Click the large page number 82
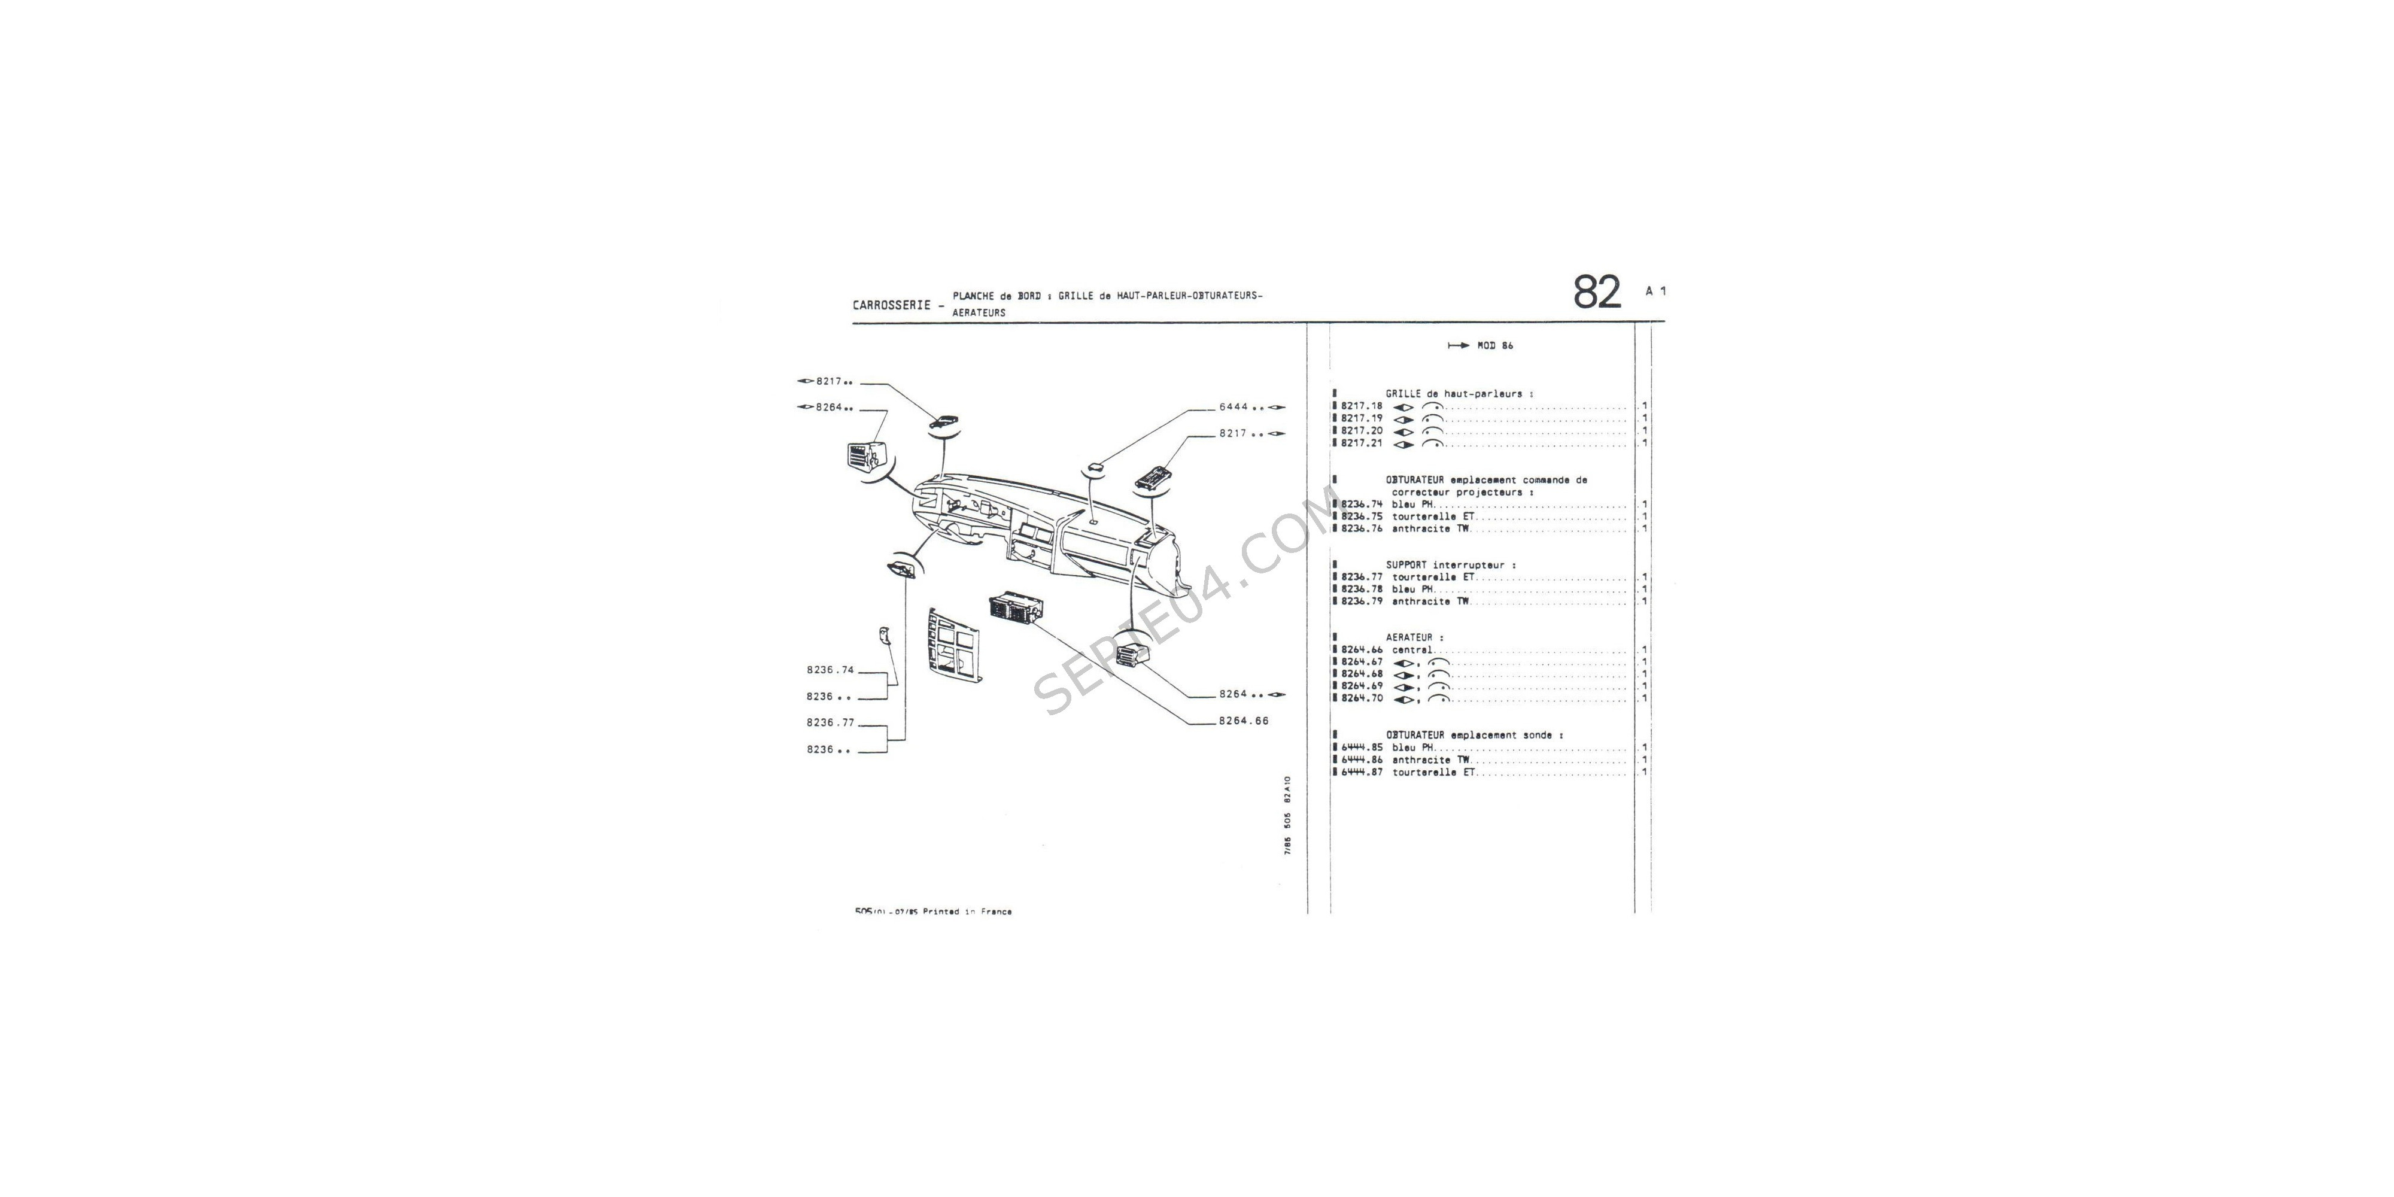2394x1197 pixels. click(x=1597, y=293)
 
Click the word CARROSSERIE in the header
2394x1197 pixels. click(x=891, y=305)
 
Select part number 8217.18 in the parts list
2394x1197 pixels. click(x=1362, y=406)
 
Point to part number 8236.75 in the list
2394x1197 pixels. click(x=1362, y=517)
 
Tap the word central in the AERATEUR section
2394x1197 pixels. click(x=1412, y=649)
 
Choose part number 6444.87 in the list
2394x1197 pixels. click(x=1362, y=772)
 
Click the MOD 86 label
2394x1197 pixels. click(x=1494, y=346)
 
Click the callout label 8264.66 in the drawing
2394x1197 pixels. click(x=1244, y=721)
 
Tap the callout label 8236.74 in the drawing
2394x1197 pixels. click(x=830, y=670)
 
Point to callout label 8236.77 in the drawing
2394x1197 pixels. click(x=830, y=722)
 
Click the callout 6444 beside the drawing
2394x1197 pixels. click(x=1234, y=407)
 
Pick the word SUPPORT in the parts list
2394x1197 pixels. click(x=1406, y=565)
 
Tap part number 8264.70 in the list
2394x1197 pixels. click(x=1362, y=698)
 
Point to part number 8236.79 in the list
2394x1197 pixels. click(x=1362, y=601)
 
